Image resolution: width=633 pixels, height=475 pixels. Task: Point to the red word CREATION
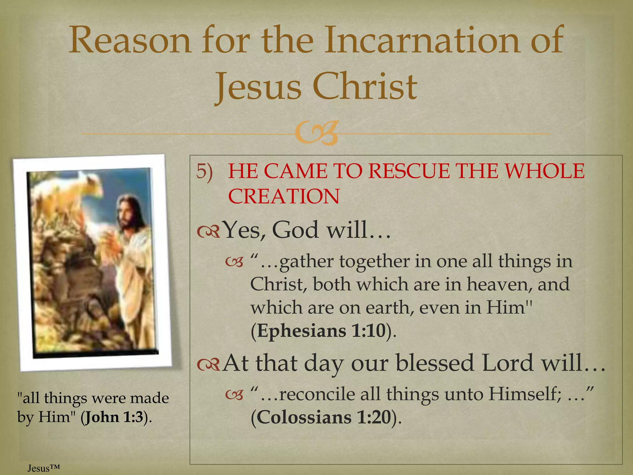[284, 196]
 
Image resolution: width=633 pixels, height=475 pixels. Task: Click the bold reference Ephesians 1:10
[321, 331]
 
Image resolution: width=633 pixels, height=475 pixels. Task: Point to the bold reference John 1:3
[114, 417]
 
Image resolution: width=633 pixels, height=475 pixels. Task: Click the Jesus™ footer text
[43, 468]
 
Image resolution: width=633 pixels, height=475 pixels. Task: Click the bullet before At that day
[208, 364]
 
